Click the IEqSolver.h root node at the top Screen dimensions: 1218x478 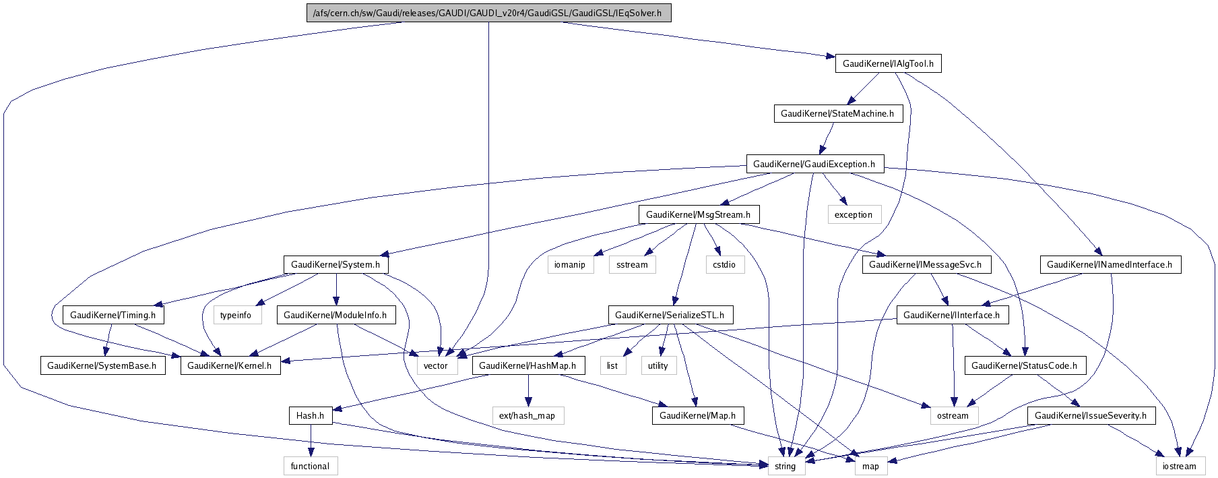click(488, 13)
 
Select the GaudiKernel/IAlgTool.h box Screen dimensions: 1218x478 click(888, 63)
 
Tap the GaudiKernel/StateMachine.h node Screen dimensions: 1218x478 click(837, 113)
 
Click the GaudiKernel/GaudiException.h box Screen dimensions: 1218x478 click(814, 164)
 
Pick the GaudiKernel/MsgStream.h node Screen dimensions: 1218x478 click(698, 214)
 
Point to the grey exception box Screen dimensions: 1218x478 click(854, 214)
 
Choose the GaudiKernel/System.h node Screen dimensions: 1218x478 click(335, 264)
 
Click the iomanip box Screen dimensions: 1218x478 click(570, 264)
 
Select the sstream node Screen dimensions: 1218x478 click(632, 264)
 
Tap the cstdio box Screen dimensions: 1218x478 click(724, 264)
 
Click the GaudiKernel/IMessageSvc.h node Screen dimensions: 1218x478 click(925, 264)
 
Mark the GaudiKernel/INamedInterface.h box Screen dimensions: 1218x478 click(1110, 264)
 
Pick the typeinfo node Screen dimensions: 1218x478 click(236, 315)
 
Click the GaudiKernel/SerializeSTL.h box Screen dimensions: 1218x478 click(670, 315)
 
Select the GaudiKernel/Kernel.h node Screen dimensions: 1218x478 click(229, 365)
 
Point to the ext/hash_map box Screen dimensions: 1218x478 click(527, 415)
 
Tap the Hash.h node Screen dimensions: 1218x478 click(310, 415)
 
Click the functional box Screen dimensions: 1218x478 click(310, 466)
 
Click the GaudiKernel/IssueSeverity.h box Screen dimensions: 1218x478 click(1091, 415)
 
